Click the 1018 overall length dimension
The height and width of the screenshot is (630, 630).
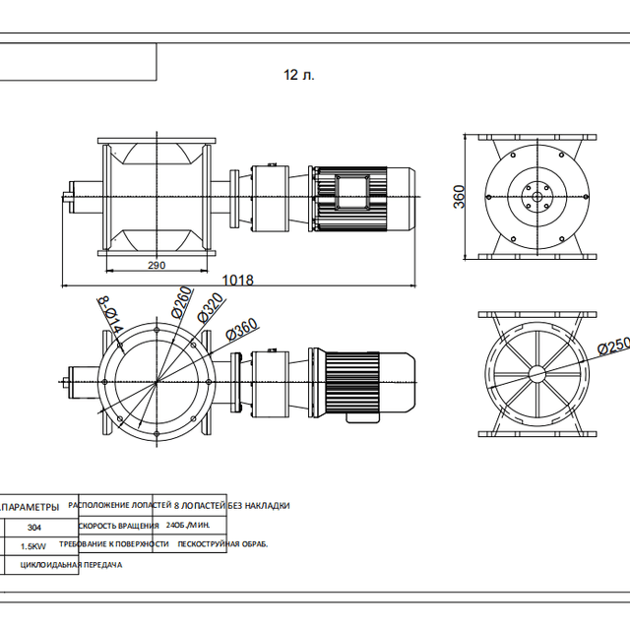(237, 280)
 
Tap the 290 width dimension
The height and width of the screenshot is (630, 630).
(156, 265)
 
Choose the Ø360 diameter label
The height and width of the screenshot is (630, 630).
(240, 330)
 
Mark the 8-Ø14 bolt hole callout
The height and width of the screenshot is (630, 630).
(108, 313)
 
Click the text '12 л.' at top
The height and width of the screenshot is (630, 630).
(299, 75)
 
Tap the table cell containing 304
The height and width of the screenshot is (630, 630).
(34, 526)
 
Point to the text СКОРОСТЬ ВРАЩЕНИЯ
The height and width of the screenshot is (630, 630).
(118, 526)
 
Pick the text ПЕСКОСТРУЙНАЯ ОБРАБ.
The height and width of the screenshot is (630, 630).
(222, 544)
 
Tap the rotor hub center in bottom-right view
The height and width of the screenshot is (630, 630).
(536, 373)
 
